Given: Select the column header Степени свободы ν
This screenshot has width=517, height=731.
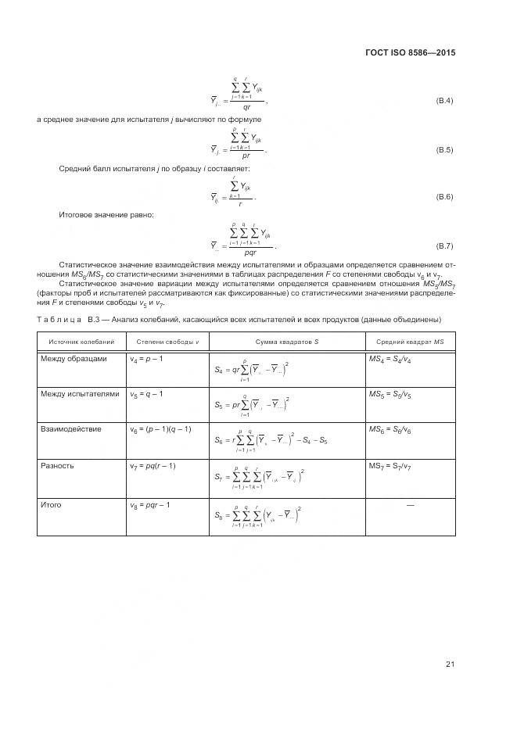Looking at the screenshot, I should [167, 342].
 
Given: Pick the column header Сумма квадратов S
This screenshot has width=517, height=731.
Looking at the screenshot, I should [287, 342].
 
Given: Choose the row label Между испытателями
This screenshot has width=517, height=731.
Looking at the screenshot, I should [80, 393].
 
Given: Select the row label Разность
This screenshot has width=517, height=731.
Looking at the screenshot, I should [57, 465].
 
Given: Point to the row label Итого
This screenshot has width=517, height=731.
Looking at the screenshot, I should [51, 505].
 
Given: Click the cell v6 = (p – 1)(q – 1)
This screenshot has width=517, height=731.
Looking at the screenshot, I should [160, 430].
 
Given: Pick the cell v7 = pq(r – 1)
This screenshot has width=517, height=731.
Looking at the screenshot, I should [153, 466].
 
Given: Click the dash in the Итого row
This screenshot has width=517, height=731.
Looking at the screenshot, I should [410, 506].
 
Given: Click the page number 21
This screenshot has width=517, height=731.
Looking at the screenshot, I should [450, 665].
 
